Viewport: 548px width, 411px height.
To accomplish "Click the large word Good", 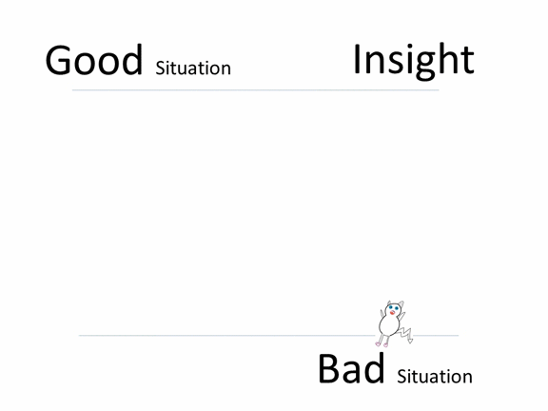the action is [94, 60].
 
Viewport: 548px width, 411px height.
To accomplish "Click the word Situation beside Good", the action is [193, 68].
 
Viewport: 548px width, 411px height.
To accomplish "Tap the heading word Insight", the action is [414, 60].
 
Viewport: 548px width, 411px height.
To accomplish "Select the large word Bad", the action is [351, 369].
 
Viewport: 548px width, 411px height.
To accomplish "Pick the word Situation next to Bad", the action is [435, 377].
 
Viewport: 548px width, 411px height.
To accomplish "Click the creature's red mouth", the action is [393, 313].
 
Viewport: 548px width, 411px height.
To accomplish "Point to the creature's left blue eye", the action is [391, 307].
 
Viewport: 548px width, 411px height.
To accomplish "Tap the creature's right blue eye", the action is [397, 308].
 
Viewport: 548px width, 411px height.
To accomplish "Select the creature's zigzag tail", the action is [405, 332].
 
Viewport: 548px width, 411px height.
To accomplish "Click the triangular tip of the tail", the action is [411, 341].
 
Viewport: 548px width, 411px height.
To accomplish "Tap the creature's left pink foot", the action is [378, 344].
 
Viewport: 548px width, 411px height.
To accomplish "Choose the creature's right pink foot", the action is [385, 345].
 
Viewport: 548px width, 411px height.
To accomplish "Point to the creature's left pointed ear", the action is [388, 303].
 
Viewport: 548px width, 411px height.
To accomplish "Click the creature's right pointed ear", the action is [401, 303].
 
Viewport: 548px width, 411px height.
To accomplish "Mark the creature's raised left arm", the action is [382, 314].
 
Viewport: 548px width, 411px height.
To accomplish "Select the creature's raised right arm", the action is [401, 317].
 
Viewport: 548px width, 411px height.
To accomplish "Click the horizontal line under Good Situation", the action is [256, 90].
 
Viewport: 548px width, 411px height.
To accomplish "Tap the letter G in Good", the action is [58, 60].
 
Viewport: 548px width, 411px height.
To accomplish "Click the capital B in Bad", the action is [328, 369].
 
